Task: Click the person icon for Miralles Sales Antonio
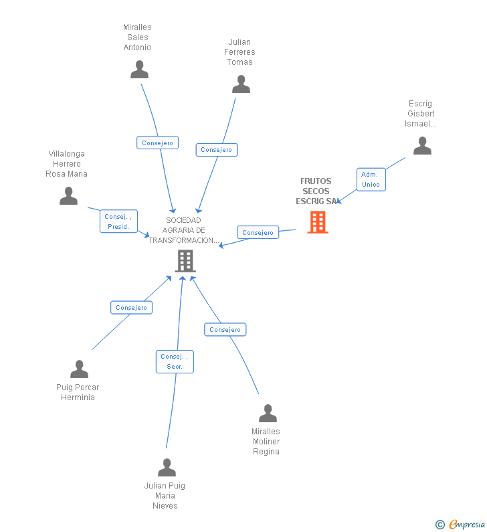tap(139, 70)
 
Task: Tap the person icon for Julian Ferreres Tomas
tap(241, 84)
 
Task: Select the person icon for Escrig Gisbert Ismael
tap(422, 146)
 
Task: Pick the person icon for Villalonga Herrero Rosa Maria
tap(68, 196)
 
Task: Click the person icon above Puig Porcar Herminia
tap(79, 369)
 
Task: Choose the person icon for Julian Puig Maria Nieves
tap(167, 468)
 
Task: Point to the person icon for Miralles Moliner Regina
tap(268, 414)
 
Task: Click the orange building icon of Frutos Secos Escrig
tap(318, 222)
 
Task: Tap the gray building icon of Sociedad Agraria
tap(185, 261)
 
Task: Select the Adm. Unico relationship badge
tap(371, 179)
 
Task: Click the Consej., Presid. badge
tap(118, 221)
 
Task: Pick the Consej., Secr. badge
tap(175, 361)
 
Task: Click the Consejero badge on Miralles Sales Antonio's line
tap(157, 143)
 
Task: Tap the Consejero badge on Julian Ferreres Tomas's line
tap(216, 150)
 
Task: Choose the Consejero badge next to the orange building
tap(258, 233)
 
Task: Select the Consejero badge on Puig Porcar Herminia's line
tap(131, 308)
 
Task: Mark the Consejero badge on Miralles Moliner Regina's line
tap(225, 329)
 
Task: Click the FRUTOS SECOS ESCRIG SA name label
tap(316, 191)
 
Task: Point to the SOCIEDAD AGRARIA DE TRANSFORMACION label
tap(184, 230)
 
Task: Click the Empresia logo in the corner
tap(462, 524)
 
